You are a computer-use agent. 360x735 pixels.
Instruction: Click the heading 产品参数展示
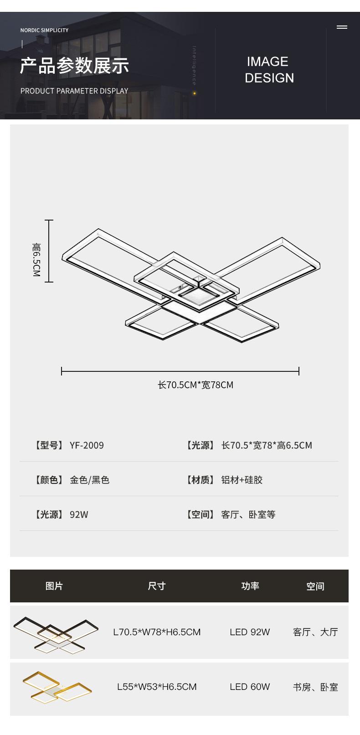pyautogui.click(x=74, y=66)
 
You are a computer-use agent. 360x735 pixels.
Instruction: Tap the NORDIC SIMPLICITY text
pyautogui.click(x=44, y=30)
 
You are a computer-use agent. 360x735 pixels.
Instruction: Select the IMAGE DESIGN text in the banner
pyautogui.click(x=269, y=70)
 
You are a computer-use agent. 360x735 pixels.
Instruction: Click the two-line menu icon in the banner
pyautogui.click(x=342, y=27)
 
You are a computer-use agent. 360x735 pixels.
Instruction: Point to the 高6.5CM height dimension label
pyautogui.click(x=36, y=260)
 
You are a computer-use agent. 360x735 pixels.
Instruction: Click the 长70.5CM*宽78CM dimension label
pyautogui.click(x=195, y=385)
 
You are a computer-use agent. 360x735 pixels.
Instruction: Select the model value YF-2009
pyautogui.click(x=87, y=445)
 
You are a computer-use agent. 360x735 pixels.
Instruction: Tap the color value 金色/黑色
pyautogui.click(x=89, y=480)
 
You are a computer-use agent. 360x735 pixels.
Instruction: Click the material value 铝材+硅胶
pyautogui.click(x=242, y=480)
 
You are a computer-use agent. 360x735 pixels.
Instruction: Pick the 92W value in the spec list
pyautogui.click(x=79, y=514)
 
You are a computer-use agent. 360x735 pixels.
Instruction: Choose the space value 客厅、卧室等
pyautogui.click(x=248, y=514)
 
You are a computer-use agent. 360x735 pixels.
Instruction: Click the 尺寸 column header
pyautogui.click(x=156, y=586)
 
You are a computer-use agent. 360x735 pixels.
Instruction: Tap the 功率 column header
pyautogui.click(x=250, y=586)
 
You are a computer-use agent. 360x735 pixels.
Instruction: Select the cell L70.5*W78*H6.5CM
pyautogui.click(x=157, y=632)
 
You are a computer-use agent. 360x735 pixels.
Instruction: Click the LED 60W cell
pyautogui.click(x=250, y=687)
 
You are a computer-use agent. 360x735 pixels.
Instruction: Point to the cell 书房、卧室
pyautogui.click(x=315, y=687)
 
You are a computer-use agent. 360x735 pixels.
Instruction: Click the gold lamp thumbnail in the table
pyautogui.click(x=57, y=687)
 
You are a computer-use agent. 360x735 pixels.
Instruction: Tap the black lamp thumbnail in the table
pyautogui.click(x=56, y=634)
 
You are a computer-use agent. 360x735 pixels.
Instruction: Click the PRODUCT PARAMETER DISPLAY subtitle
pyautogui.click(x=74, y=91)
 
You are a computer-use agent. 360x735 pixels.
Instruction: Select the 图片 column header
pyautogui.click(x=54, y=586)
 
